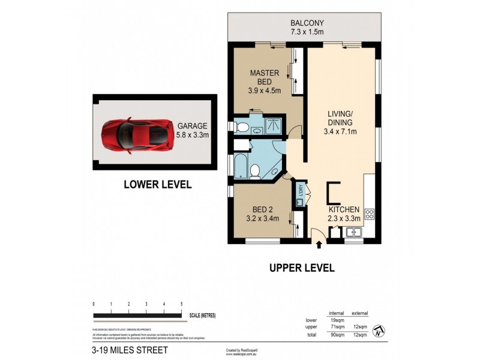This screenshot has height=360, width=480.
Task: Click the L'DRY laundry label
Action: click(x=300, y=193)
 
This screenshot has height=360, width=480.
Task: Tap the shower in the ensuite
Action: click(x=274, y=125)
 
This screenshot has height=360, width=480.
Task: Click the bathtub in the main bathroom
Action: click(x=241, y=166)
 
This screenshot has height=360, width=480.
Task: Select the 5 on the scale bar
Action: click(x=181, y=304)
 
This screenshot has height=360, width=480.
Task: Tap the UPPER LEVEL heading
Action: click(x=302, y=268)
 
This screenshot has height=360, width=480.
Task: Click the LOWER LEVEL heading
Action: click(x=157, y=185)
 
